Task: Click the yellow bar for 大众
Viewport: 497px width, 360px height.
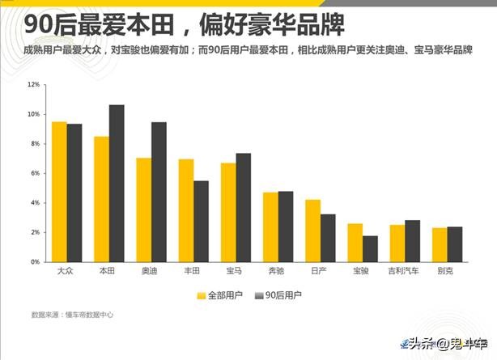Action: coord(59,192)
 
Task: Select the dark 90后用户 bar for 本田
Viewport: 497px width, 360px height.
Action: coord(117,184)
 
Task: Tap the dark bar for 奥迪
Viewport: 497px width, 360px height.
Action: coord(159,192)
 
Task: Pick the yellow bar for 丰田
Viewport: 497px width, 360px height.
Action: coord(186,210)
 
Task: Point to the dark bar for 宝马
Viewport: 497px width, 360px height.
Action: coord(244,207)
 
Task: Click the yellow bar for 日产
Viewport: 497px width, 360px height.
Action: coord(312,231)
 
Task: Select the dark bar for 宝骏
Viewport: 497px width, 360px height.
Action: coord(370,248)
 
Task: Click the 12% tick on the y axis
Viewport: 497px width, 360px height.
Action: coord(33,84)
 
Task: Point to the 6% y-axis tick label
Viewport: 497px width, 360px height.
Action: coord(35,173)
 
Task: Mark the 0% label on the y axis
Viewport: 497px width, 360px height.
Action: coord(35,262)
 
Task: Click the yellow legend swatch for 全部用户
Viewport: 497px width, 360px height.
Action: coord(201,295)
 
